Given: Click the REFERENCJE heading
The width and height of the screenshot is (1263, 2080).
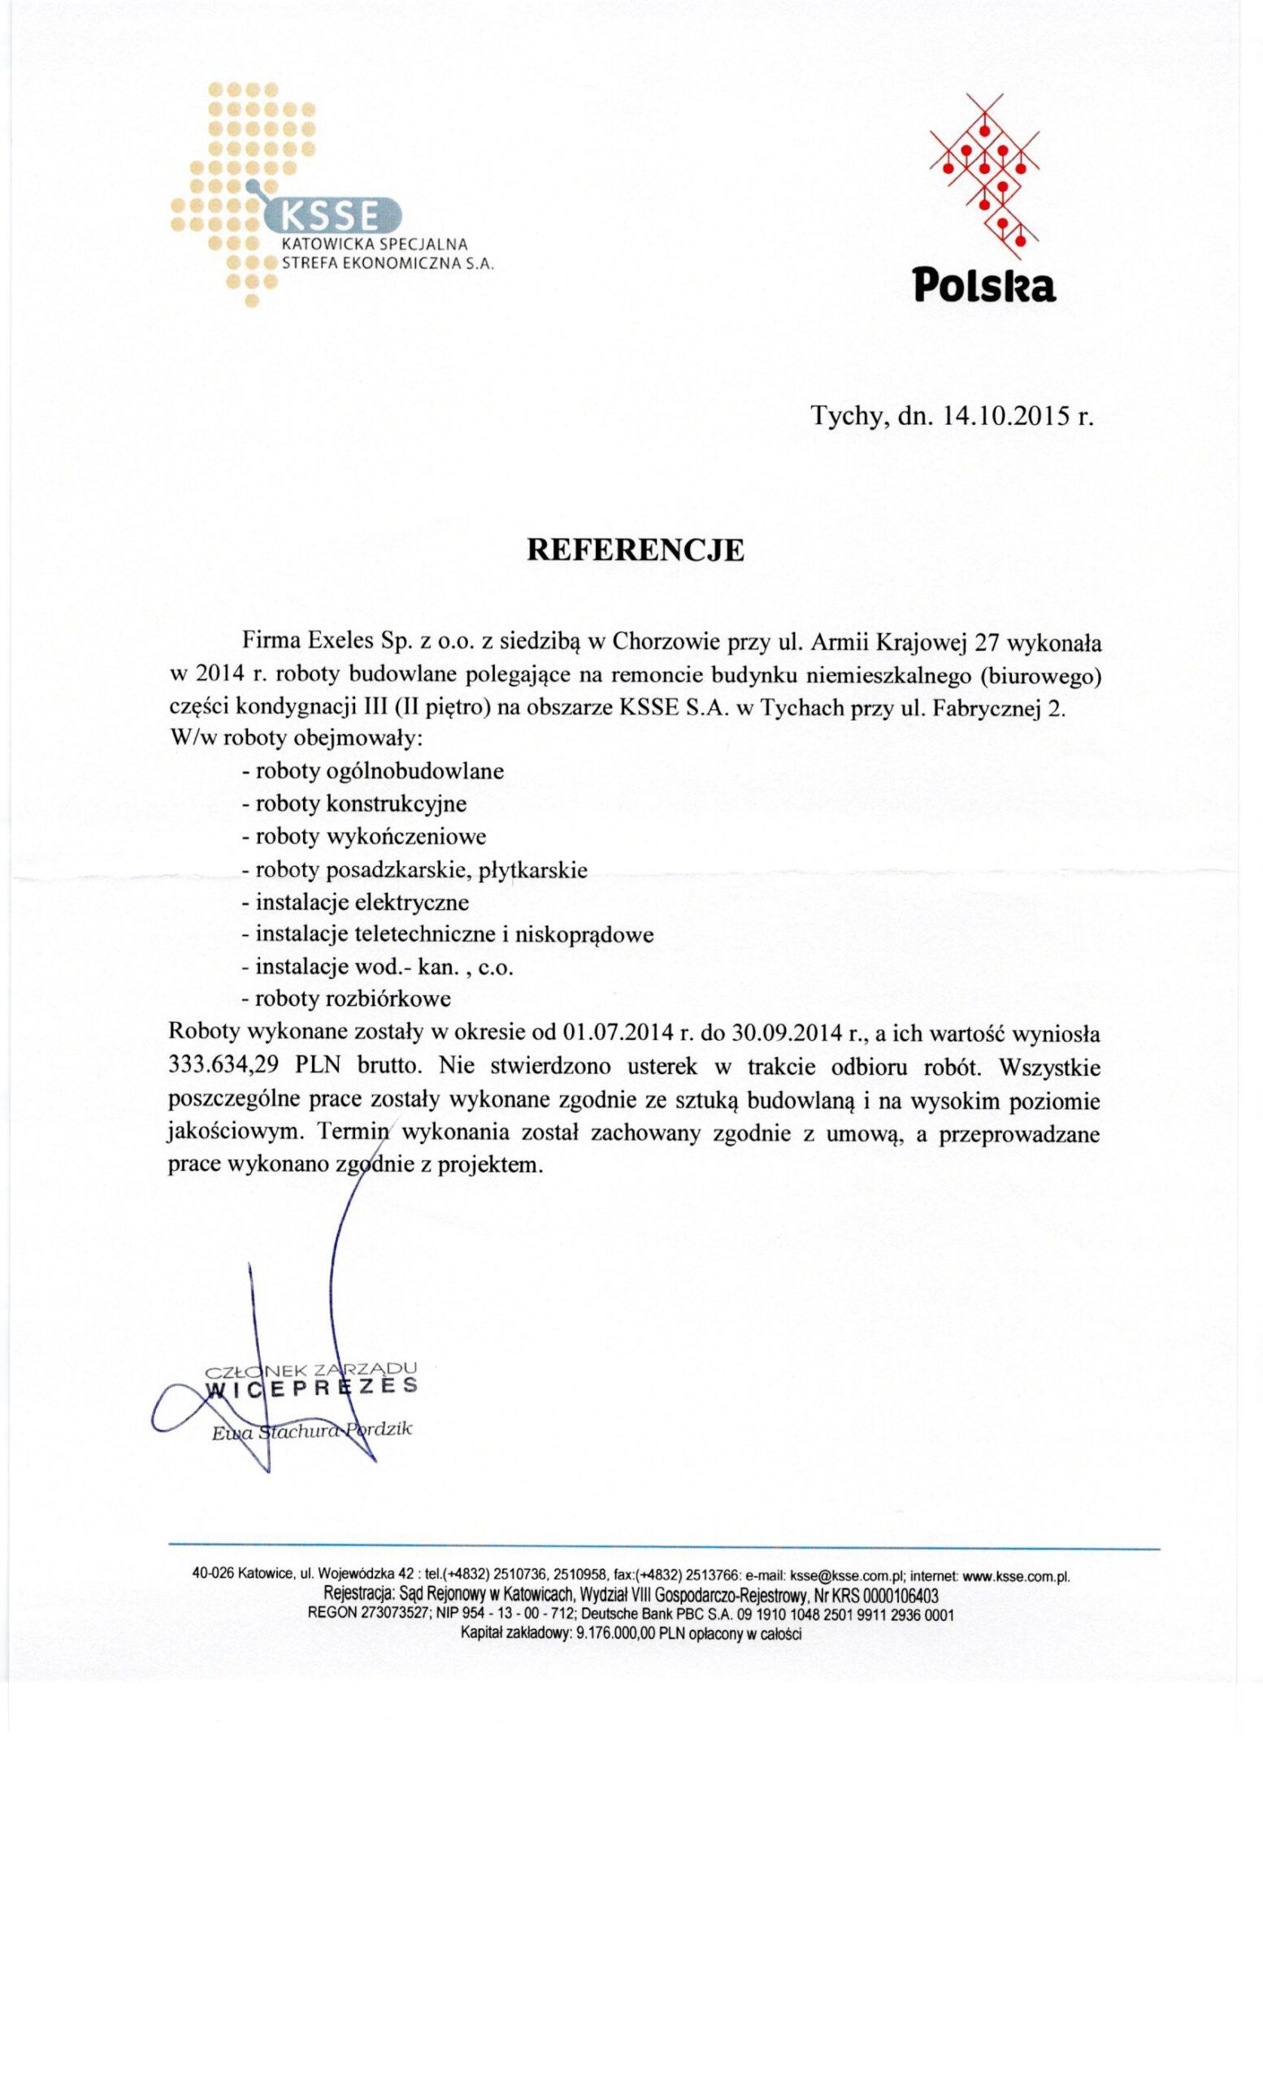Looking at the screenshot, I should [635, 550].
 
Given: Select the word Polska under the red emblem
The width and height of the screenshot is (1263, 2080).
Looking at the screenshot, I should [984, 288].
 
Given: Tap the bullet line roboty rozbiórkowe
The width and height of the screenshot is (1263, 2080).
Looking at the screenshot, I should [346, 999].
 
